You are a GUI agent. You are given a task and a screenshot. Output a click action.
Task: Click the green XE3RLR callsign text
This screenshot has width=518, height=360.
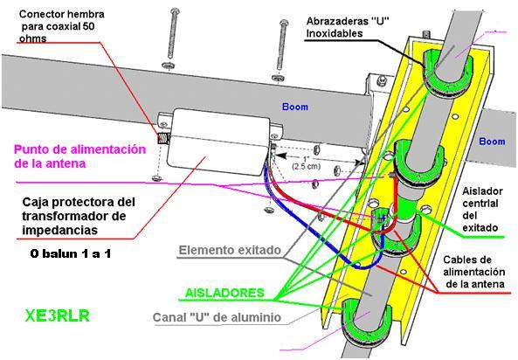click(57, 315)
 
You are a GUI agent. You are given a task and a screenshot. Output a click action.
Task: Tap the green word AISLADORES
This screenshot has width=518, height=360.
click(224, 293)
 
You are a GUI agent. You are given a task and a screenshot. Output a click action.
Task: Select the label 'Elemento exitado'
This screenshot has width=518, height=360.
click(230, 250)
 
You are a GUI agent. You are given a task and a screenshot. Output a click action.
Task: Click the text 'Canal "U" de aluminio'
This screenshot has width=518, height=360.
click(217, 317)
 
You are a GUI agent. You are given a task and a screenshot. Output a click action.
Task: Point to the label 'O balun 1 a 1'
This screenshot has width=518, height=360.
click(71, 253)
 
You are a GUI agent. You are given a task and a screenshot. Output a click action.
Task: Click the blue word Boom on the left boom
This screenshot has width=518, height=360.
click(295, 107)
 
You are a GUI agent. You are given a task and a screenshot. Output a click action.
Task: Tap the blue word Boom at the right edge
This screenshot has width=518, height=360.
click(492, 142)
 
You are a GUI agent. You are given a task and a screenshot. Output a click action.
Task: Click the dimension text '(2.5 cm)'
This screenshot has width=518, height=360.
click(307, 166)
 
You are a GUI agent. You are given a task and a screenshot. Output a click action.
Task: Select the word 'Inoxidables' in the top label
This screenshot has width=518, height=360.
click(335, 33)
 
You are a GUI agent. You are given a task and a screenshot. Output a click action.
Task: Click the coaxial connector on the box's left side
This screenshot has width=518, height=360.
click(162, 138)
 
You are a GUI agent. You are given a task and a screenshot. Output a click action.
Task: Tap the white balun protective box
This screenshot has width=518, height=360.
click(218, 142)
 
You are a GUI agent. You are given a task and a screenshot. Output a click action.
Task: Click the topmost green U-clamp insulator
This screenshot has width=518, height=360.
click(447, 73)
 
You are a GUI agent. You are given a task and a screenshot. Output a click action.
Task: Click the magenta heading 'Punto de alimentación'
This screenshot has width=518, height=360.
click(80, 149)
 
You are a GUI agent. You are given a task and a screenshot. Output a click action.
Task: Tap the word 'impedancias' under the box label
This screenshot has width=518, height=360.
click(60, 230)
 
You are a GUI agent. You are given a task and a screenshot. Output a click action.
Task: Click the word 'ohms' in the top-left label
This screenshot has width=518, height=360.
click(32, 38)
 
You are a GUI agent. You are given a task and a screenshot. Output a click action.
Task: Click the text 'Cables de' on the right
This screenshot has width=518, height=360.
click(467, 260)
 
